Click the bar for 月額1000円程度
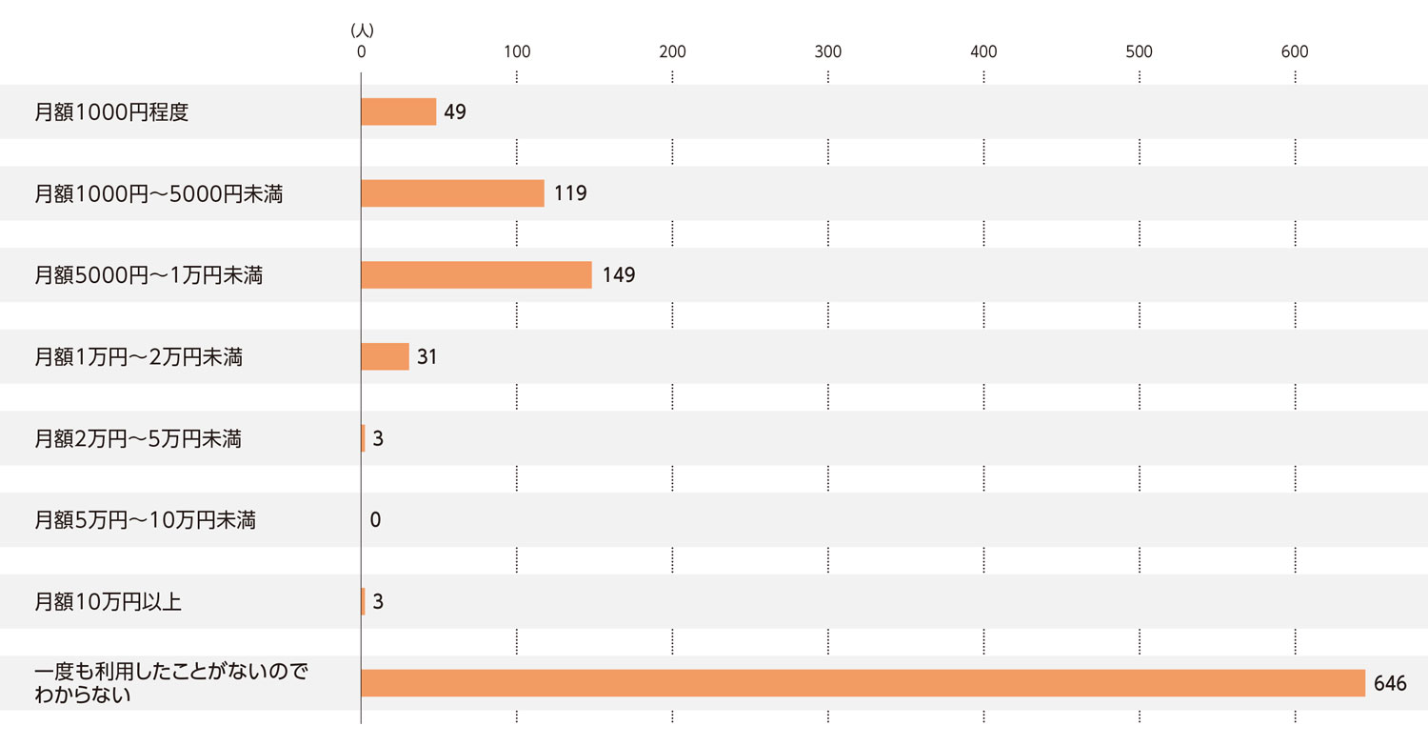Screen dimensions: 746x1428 pos(398,111)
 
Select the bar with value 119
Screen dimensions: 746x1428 pos(452,193)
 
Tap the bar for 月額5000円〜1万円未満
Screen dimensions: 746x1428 pos(476,275)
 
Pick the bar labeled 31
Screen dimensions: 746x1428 pos(385,356)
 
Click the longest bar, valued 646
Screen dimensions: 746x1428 pos(863,683)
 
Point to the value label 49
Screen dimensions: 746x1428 pos(455,112)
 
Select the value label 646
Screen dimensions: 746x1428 pos(1391,684)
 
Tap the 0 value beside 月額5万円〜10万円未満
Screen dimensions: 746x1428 pos(375,520)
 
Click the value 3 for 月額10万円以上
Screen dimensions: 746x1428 pos(378,602)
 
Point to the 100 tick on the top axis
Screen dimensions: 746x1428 pos(517,52)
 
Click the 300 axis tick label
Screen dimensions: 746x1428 pos(828,52)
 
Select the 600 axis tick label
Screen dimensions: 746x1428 pos(1295,52)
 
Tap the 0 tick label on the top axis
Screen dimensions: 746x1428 pos(361,52)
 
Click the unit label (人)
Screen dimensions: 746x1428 pos(362,30)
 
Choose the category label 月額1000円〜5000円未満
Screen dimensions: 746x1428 pos(159,194)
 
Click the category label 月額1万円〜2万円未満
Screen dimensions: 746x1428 pos(139,357)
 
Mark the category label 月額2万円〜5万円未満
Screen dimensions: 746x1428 pos(138,439)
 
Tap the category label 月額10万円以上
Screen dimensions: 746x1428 pos(108,602)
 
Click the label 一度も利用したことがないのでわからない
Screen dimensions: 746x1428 pos(171,683)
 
